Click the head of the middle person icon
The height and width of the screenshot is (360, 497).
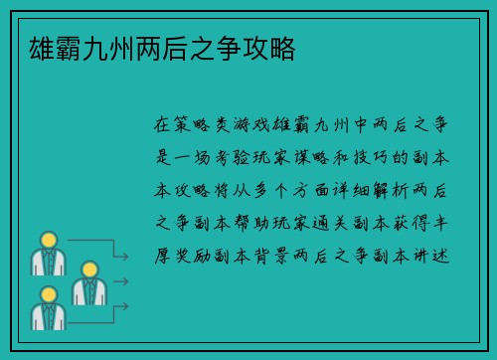[x=87, y=269]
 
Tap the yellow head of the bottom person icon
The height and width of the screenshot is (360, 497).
[x=47, y=294]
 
